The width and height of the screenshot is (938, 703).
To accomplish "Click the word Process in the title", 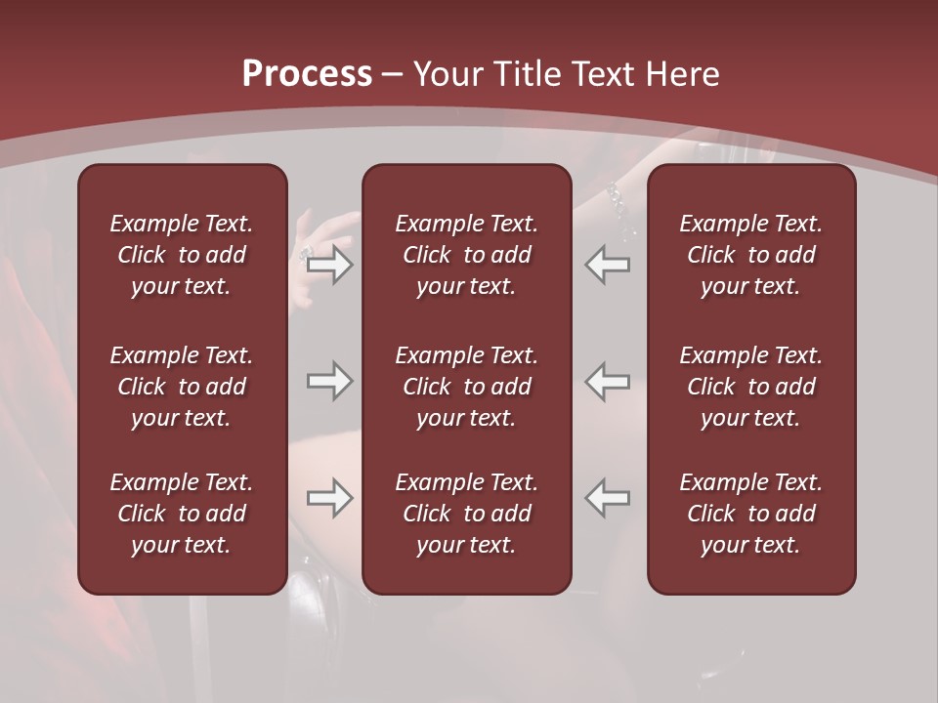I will pyautogui.click(x=307, y=74).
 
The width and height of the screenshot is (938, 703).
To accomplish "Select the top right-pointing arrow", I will pyautogui.click(x=330, y=265).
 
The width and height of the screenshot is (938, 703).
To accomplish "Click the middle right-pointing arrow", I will pyautogui.click(x=330, y=381).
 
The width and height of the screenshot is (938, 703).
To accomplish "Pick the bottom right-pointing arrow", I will pyautogui.click(x=330, y=498).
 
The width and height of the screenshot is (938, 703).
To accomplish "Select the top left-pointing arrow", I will pyautogui.click(x=608, y=265).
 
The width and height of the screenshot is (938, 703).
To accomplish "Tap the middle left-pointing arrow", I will pyautogui.click(x=608, y=381).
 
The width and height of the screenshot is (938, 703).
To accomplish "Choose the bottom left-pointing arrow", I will pyautogui.click(x=608, y=498).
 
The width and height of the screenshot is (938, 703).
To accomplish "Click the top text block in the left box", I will pyautogui.click(x=182, y=255).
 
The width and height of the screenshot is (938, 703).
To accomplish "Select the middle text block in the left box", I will pyautogui.click(x=182, y=387).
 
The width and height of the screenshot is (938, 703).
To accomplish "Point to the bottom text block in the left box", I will pyautogui.click(x=182, y=514).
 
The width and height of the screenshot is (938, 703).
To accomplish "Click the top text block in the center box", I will pyautogui.click(x=466, y=255).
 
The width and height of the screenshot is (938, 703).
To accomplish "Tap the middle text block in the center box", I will pyautogui.click(x=466, y=387).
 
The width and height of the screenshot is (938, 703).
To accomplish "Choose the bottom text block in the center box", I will pyautogui.click(x=466, y=514).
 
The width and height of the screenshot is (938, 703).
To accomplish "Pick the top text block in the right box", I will pyautogui.click(x=750, y=255).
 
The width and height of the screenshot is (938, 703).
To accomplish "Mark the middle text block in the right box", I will pyautogui.click(x=750, y=387).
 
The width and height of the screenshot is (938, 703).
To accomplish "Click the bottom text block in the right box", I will pyautogui.click(x=750, y=514).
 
